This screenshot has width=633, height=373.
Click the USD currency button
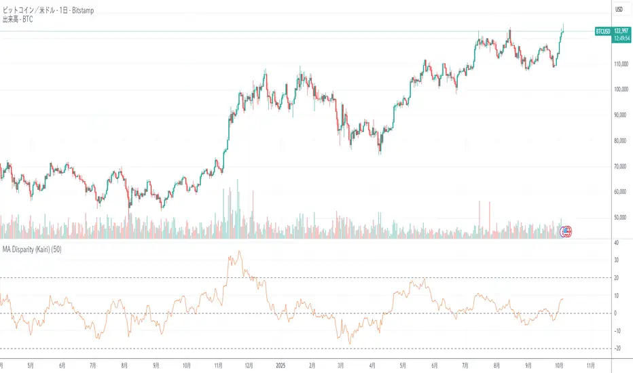click(619, 9)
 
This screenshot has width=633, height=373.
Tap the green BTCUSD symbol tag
click(602, 31)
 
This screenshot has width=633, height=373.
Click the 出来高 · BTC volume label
click(18, 20)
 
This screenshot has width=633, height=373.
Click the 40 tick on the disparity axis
click(616, 242)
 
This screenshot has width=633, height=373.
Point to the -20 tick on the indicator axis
click(616, 349)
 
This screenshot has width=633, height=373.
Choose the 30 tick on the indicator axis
click(616, 260)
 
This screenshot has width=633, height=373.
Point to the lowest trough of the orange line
click(349, 344)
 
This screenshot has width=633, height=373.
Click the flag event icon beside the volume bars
click(565, 231)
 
